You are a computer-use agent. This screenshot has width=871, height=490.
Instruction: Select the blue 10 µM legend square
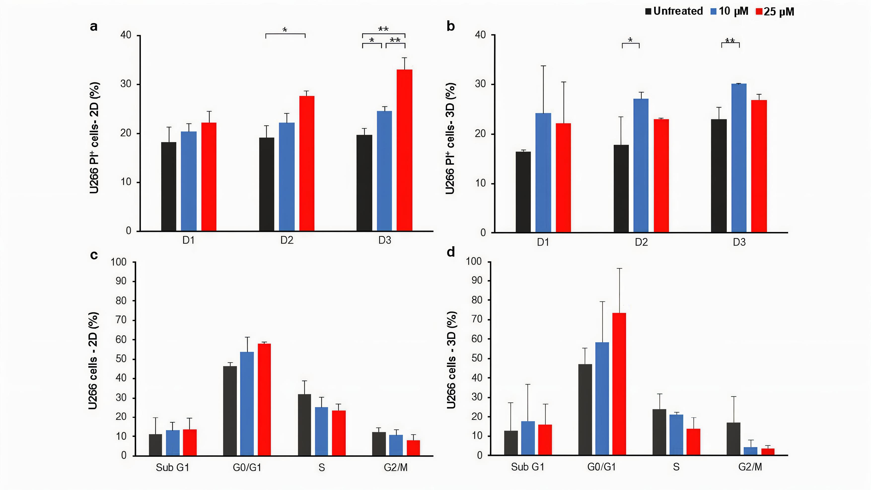coord(714,11)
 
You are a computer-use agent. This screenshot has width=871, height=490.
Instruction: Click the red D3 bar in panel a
coord(404,150)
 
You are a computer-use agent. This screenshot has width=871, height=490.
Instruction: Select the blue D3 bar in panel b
coord(739,158)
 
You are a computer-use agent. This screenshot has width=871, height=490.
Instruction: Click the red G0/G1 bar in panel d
coord(619,384)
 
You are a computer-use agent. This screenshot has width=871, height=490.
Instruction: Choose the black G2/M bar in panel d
coord(733,439)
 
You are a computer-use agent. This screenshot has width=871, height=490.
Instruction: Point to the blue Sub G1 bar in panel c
coord(173,443)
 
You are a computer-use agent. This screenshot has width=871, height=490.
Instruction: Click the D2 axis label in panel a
coord(287,240)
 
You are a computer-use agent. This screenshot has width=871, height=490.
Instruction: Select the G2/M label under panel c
coord(396,468)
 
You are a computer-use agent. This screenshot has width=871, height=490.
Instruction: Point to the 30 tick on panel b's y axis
coord(480,84)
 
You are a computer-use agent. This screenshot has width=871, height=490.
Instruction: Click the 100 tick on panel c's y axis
coord(118,262)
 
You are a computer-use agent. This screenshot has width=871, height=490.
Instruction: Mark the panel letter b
coord(451,26)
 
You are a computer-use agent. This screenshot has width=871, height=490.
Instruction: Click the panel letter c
coord(94,255)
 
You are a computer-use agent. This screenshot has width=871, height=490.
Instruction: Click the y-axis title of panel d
coord(451,360)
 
